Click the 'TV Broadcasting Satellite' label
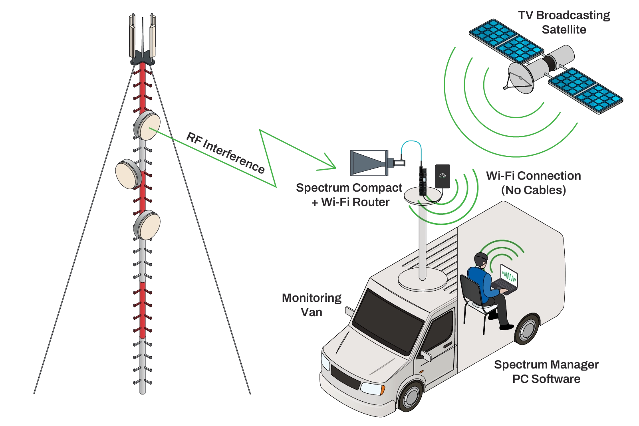[564, 22]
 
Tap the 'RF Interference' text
[225, 153]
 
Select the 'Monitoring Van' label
[312, 305]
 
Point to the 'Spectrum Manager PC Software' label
[546, 372]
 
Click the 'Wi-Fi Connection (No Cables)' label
[534, 183]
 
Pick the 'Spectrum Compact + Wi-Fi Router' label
[349, 195]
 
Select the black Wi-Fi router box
[443, 176]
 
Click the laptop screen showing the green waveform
[509, 276]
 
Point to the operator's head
[481, 260]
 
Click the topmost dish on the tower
[147, 125]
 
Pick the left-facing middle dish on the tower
[129, 174]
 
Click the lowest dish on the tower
[147, 225]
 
